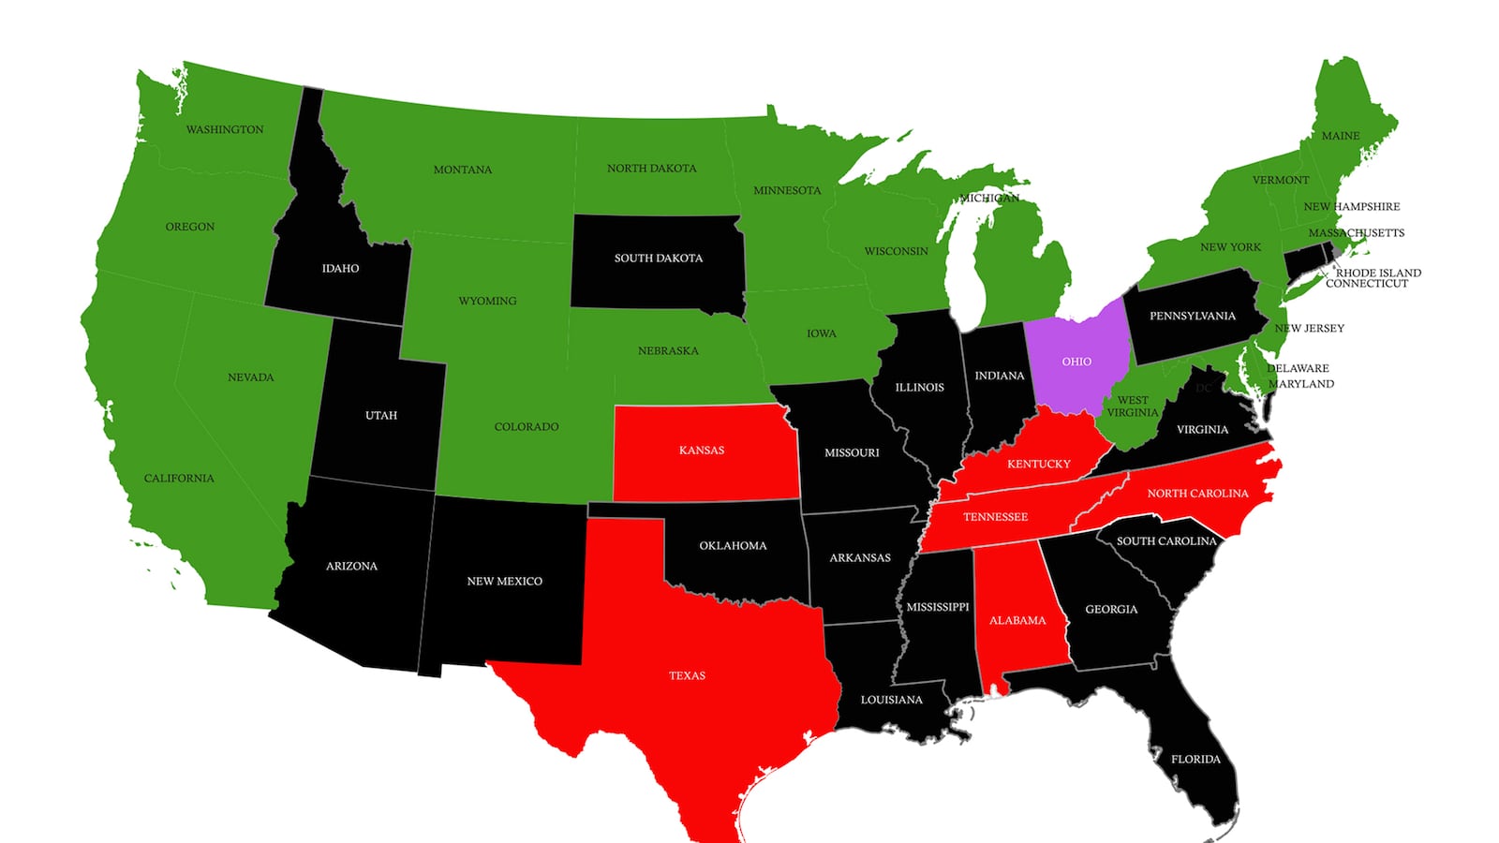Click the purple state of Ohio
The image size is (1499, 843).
click(1076, 362)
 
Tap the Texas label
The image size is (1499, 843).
click(687, 675)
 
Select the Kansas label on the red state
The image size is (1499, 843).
click(702, 451)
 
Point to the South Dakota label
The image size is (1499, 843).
click(658, 258)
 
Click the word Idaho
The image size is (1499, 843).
click(340, 268)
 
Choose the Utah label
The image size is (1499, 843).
click(381, 415)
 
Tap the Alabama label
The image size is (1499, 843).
click(1017, 620)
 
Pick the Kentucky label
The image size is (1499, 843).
click(1038, 464)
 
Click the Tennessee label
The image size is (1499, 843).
click(995, 516)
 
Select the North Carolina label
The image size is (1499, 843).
click(1197, 493)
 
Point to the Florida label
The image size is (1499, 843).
click(1195, 759)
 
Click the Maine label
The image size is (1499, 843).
click(1340, 136)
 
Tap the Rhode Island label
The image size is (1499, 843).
click(1378, 273)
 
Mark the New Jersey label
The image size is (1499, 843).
click(1309, 328)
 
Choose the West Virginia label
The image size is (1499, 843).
click(1132, 406)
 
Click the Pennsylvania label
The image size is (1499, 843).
click(1192, 316)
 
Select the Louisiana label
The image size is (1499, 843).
click(891, 700)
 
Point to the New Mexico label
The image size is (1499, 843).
click(504, 581)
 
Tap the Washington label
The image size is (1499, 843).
click(225, 129)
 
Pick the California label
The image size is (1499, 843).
click(179, 478)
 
